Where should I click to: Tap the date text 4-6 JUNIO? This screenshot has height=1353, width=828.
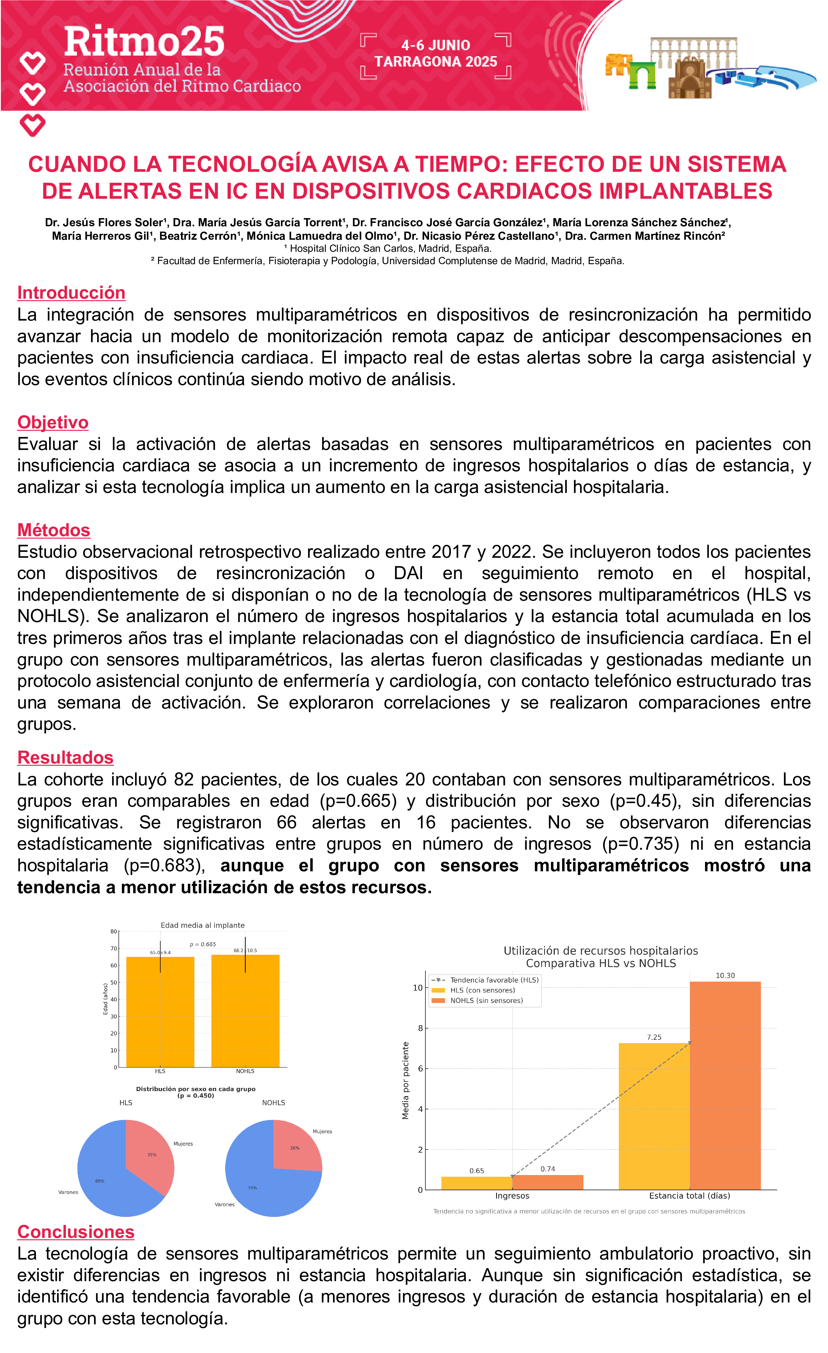click(x=435, y=45)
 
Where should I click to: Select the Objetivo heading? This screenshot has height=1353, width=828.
click(x=53, y=422)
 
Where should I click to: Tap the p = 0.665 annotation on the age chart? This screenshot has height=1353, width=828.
click(x=203, y=945)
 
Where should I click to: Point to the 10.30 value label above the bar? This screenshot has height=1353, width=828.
click(x=725, y=975)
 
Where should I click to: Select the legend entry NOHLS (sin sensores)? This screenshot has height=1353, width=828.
click(x=486, y=1000)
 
